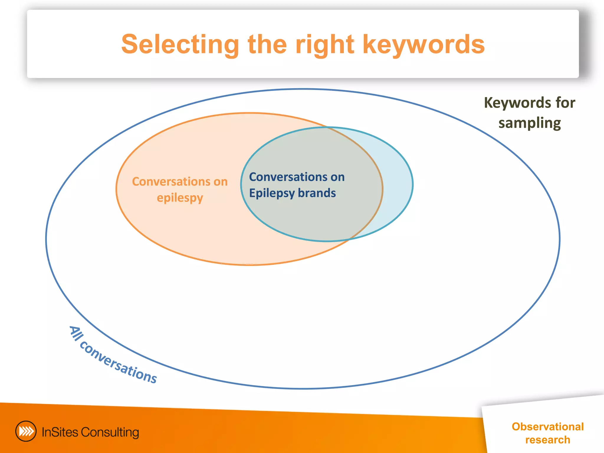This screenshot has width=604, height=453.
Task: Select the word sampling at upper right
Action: pos(530,123)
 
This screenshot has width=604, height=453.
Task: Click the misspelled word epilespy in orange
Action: pos(180,198)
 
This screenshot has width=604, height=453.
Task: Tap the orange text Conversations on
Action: pos(180,181)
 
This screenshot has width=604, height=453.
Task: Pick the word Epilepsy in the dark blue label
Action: pos(272,193)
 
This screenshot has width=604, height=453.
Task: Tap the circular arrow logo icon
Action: pos(26,431)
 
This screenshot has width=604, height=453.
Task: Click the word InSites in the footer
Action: pos(60,432)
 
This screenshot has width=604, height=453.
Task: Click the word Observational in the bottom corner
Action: pos(548,426)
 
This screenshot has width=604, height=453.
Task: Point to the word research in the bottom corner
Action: pos(548,440)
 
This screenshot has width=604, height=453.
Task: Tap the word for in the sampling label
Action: pos(565,103)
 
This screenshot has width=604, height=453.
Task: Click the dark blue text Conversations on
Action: pos(297,177)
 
